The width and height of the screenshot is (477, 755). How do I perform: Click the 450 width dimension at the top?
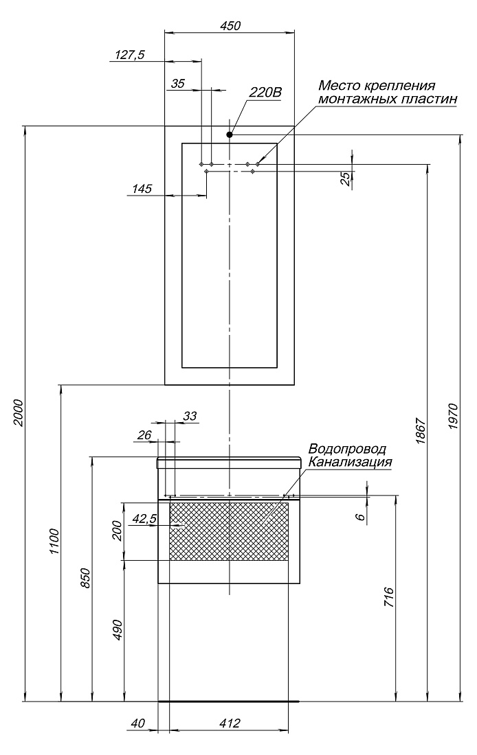click(x=230, y=25)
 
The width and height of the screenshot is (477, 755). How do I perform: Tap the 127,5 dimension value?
click(x=130, y=55)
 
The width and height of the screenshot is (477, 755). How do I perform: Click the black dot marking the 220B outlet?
click(x=230, y=135)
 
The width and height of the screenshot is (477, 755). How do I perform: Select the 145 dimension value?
click(x=142, y=189)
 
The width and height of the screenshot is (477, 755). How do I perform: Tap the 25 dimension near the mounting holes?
click(x=345, y=178)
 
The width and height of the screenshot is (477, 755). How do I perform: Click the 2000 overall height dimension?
click(x=18, y=413)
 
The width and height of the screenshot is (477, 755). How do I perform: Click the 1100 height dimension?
click(x=54, y=542)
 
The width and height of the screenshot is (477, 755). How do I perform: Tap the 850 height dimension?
click(x=85, y=578)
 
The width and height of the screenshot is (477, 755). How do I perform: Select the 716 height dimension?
click(x=389, y=597)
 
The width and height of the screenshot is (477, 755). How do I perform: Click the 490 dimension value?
click(x=118, y=630)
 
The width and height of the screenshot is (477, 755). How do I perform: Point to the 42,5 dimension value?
click(x=144, y=519)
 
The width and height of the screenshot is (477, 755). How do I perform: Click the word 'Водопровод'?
click(x=347, y=449)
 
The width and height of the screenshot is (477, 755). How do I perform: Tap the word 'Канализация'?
click(x=350, y=462)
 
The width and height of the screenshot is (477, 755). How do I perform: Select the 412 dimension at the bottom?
click(x=230, y=723)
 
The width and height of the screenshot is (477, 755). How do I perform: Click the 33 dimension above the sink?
click(x=190, y=415)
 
